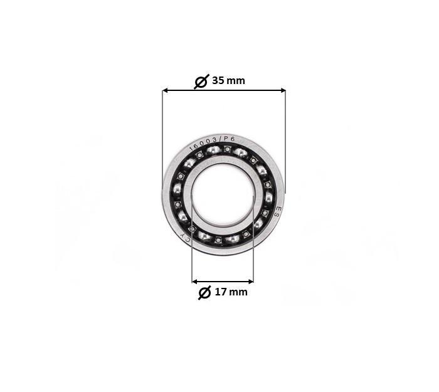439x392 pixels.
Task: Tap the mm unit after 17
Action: (238, 292)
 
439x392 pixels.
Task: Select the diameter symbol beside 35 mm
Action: (201, 82)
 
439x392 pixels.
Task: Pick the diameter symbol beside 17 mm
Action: (204, 293)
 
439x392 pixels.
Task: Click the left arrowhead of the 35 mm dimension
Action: (166, 90)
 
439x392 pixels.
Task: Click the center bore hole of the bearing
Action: (223, 194)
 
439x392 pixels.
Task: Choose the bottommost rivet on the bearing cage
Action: (218, 240)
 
